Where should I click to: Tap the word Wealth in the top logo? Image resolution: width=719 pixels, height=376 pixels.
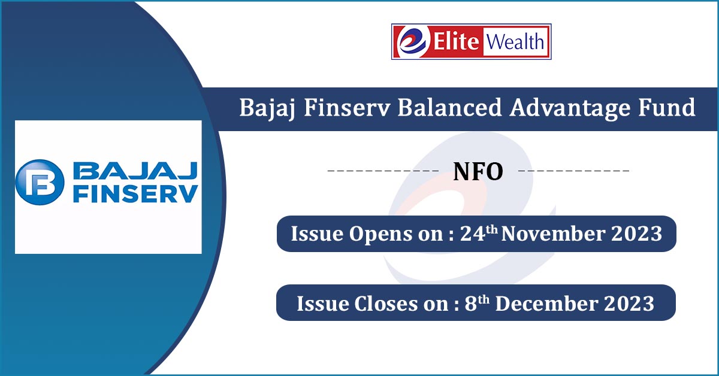516,42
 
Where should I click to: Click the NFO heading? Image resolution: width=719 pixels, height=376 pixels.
478,172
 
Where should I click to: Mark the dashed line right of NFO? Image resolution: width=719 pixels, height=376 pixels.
573,172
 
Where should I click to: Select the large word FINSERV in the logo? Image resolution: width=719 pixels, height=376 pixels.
135,195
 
